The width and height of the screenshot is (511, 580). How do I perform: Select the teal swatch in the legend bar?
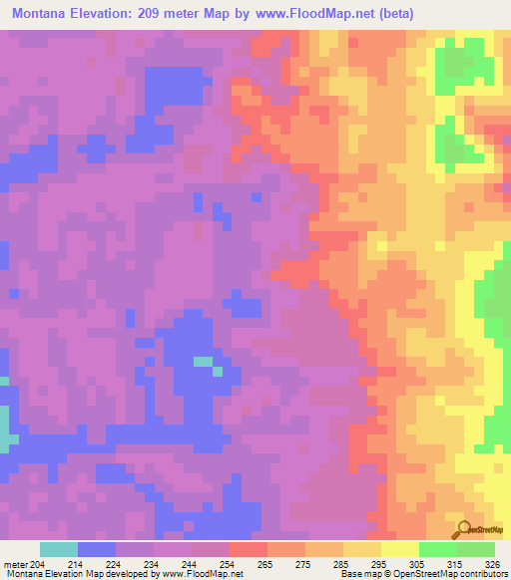tap(58, 549)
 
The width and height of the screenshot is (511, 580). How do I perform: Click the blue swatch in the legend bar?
tap(96, 549)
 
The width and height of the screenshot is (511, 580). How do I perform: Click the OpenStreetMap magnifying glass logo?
tap(462, 530)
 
